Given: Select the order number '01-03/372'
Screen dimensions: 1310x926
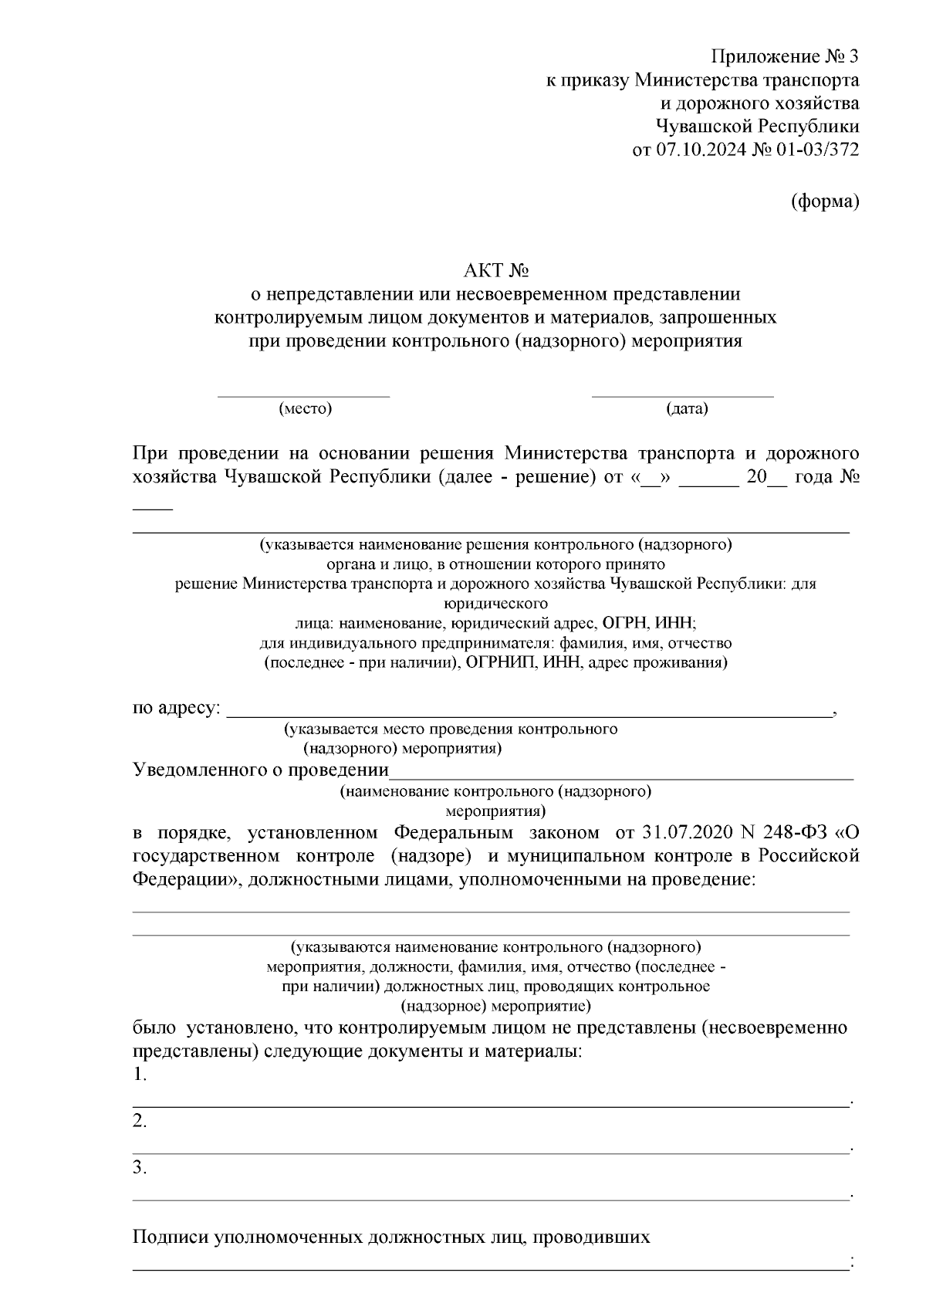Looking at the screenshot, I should point(819,149).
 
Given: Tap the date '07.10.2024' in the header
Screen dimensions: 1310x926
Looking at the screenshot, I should point(701,149).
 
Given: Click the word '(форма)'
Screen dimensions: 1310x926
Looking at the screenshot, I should point(825,201).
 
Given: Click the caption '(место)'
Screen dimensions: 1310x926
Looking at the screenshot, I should point(305,408).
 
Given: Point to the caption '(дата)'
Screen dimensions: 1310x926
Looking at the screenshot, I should point(687,408).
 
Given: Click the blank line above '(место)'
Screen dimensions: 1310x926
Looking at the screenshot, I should point(303,396).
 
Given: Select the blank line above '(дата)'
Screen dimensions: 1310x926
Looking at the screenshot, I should point(682,396).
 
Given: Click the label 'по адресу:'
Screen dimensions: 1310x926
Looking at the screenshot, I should point(177,708).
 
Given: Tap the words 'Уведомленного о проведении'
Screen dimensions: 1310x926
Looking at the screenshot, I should point(261,770).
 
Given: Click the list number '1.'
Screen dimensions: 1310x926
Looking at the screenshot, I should point(140,1075).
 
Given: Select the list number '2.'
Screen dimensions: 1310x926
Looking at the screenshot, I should point(140,1122).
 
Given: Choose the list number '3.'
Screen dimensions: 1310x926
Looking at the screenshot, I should point(140,1168).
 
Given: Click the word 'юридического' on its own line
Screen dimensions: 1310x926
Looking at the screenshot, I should point(495,603).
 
